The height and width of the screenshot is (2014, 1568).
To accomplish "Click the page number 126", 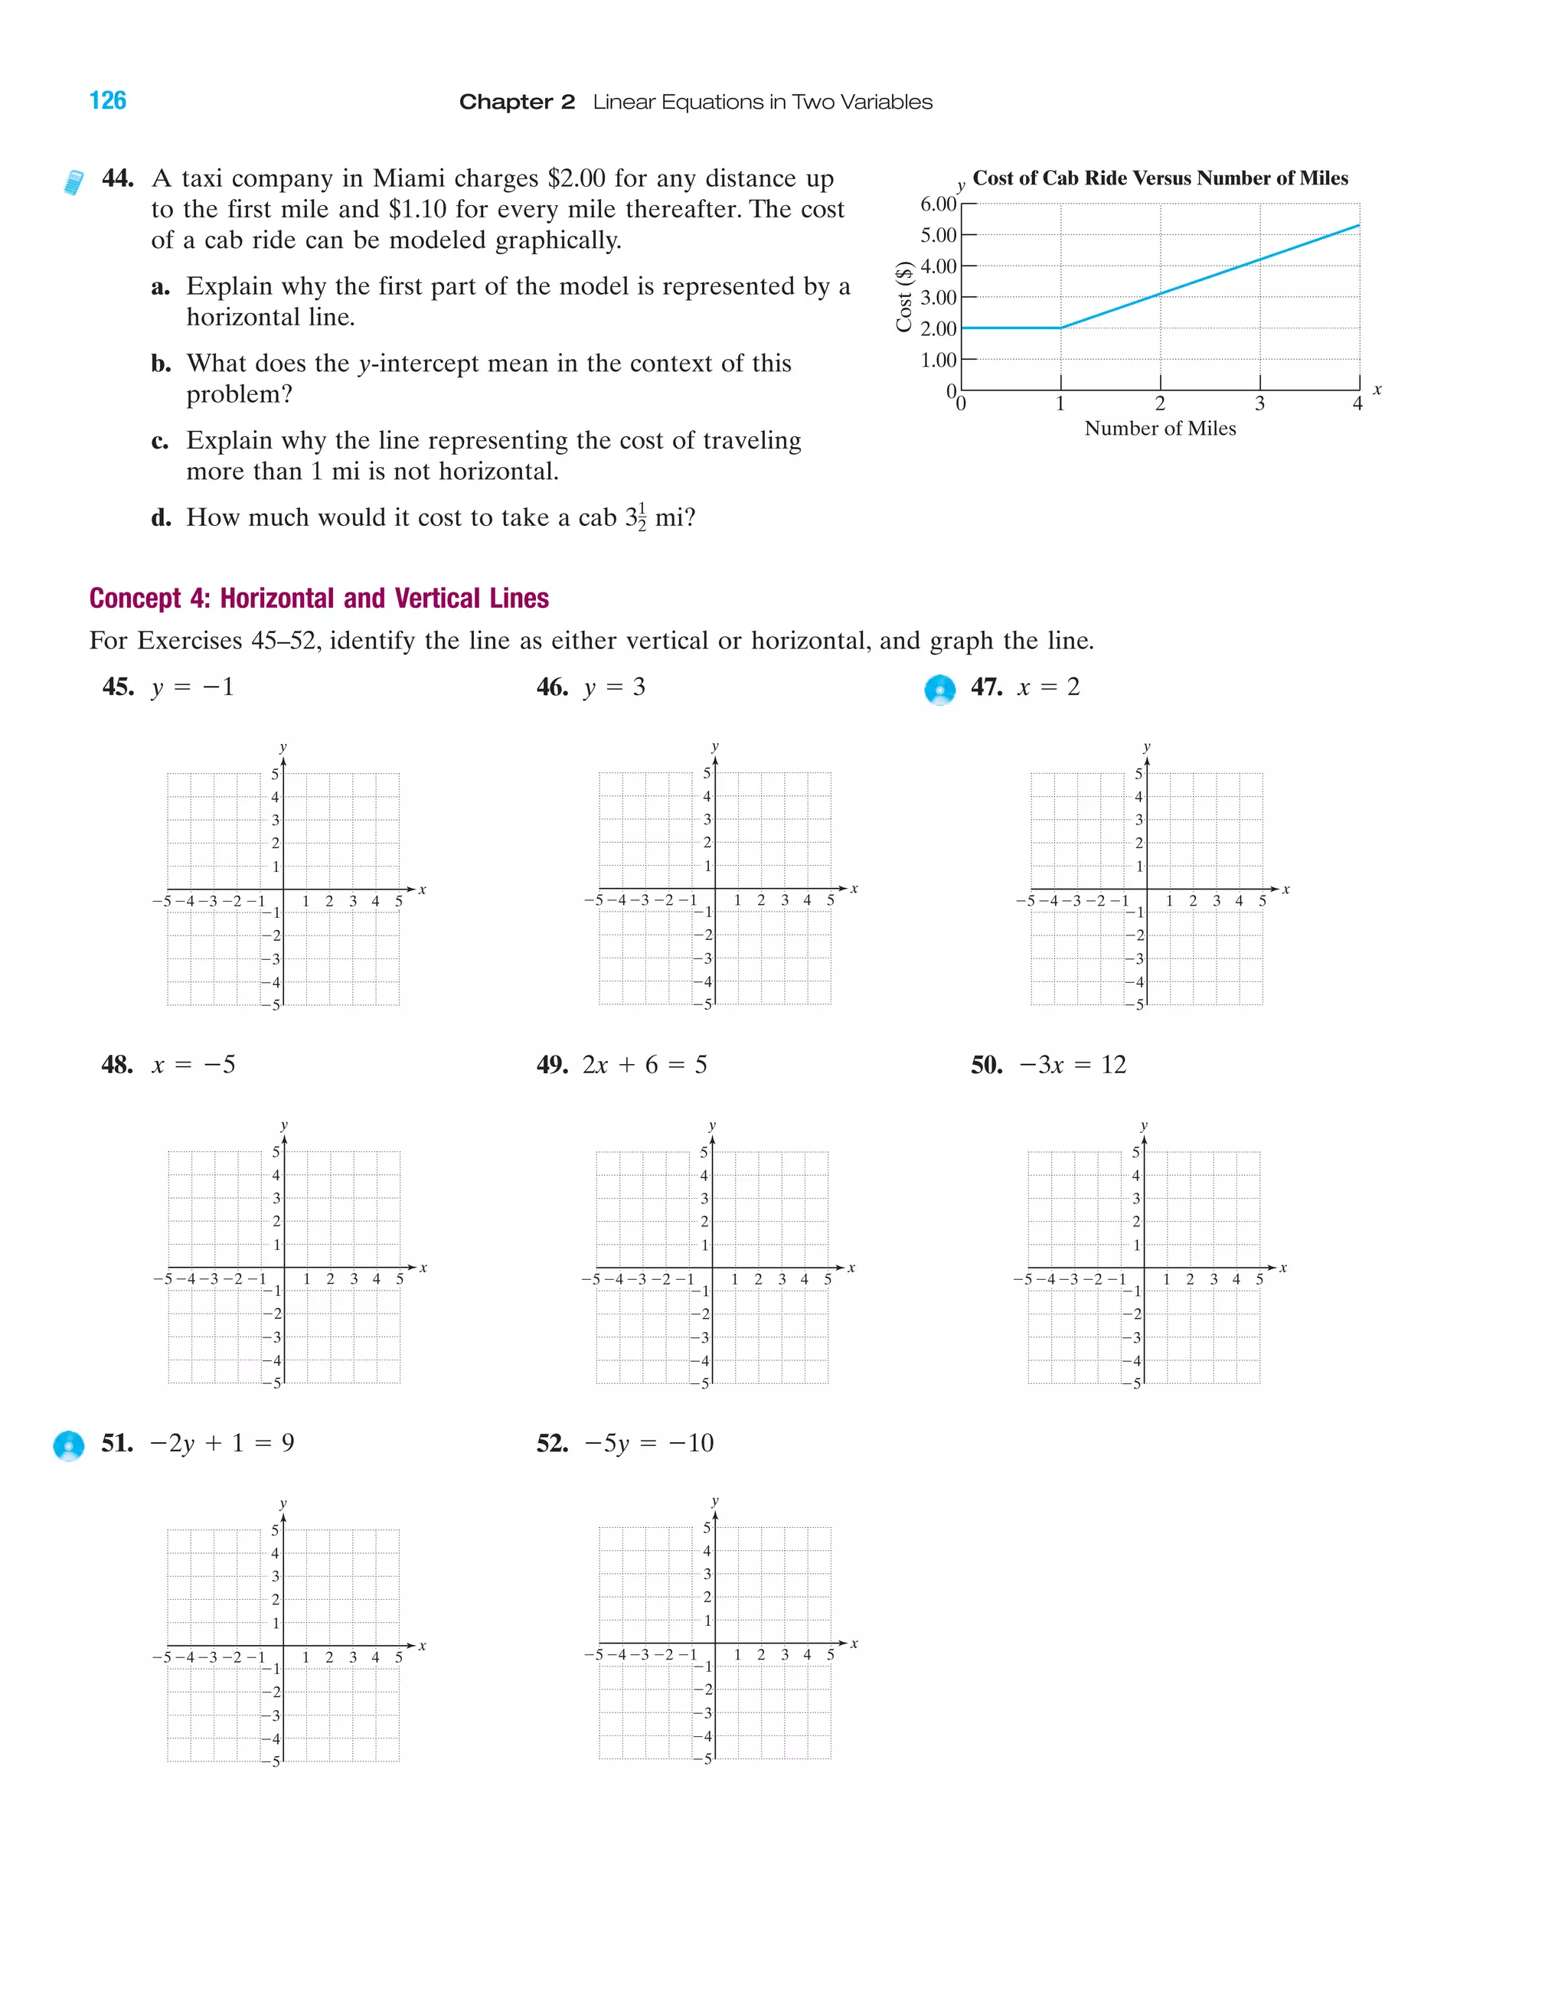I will click(107, 100).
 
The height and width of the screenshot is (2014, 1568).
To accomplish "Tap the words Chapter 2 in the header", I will click(517, 103).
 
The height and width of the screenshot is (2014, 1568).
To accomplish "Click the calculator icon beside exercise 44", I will click(73, 181).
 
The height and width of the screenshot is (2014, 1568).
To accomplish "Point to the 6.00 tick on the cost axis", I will click(938, 204).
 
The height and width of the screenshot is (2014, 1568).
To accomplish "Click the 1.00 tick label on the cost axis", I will click(938, 360).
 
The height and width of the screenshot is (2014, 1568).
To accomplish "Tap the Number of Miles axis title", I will click(1159, 428).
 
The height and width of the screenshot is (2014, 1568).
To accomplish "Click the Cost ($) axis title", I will click(904, 296).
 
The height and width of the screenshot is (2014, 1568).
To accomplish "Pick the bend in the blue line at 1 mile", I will click(1060, 328).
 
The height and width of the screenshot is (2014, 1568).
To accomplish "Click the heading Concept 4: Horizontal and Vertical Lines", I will click(319, 599).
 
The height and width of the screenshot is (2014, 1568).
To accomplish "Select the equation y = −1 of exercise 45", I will click(193, 687).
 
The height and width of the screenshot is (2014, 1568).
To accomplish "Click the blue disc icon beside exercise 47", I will click(940, 690).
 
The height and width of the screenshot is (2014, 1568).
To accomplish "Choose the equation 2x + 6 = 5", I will click(645, 1065).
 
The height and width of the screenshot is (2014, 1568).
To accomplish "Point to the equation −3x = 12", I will click(1072, 1065).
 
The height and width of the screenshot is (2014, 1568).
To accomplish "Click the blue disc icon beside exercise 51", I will click(68, 1445).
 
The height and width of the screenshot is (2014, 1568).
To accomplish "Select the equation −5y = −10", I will click(648, 1443).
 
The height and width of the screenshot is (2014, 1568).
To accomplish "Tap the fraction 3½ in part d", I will click(635, 518).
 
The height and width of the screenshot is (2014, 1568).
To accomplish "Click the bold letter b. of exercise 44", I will click(162, 364).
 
